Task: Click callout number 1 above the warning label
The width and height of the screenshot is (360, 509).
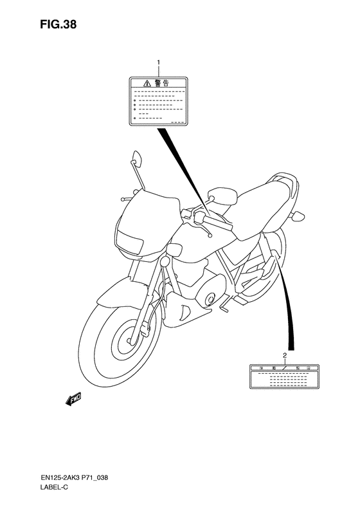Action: point(158,63)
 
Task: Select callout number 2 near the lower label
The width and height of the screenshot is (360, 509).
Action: point(284,355)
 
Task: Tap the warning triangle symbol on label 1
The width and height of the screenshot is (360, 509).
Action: point(147,83)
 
